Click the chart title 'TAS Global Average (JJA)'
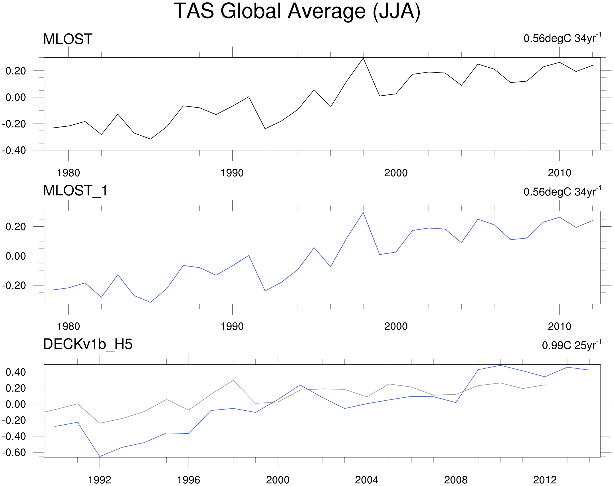click(297, 11)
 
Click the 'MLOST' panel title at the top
click(68, 39)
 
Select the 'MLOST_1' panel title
click(75, 191)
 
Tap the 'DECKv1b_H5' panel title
click(88, 344)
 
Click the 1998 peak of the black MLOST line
click(363, 58)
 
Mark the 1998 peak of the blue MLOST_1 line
click(363, 213)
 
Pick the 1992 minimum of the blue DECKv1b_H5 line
click(100, 457)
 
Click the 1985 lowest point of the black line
click(150, 139)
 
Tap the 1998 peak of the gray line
click(233, 380)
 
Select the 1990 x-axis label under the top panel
click(232, 173)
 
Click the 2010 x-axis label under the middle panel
click(559, 326)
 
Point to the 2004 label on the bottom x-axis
click(367, 480)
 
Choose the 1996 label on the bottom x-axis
click(189, 480)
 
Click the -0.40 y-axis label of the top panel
click(14, 150)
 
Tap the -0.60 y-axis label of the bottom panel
click(14, 453)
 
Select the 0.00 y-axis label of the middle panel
click(16, 256)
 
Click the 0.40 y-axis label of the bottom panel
click(16, 372)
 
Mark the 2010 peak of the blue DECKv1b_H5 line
click(500, 366)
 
